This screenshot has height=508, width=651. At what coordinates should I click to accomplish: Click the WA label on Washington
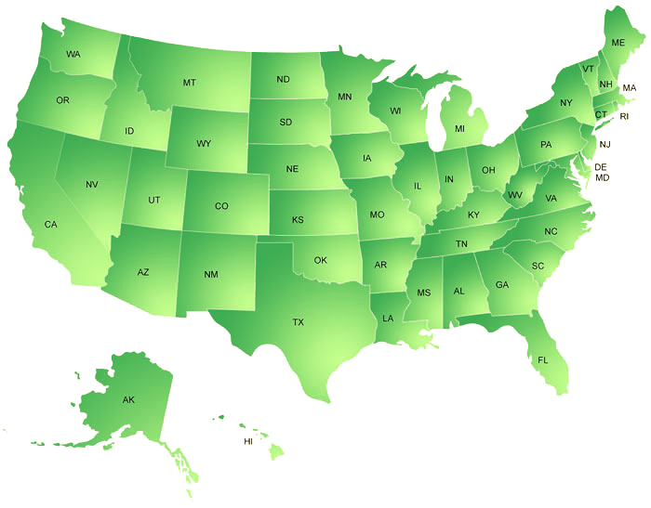click(73, 55)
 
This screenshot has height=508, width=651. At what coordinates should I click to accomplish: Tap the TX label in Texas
click(299, 322)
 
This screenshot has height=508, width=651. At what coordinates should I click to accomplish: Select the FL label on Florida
click(543, 359)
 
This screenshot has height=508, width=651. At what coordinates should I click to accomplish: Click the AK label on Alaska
click(128, 400)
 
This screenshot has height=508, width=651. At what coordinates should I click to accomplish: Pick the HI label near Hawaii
click(248, 441)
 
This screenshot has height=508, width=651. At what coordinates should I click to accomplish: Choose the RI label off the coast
click(624, 116)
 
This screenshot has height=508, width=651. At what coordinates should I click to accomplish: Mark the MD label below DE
click(603, 177)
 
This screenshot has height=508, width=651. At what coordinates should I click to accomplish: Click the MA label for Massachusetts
click(630, 87)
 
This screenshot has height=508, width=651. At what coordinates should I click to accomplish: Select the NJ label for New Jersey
click(604, 144)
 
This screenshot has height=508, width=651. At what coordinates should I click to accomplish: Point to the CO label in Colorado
click(221, 206)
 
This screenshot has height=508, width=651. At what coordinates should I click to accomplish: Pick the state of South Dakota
click(286, 123)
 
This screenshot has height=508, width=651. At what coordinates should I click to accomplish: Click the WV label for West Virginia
click(514, 195)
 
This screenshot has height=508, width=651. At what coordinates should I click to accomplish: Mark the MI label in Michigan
click(459, 128)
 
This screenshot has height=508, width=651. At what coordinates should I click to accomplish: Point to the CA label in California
click(51, 225)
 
